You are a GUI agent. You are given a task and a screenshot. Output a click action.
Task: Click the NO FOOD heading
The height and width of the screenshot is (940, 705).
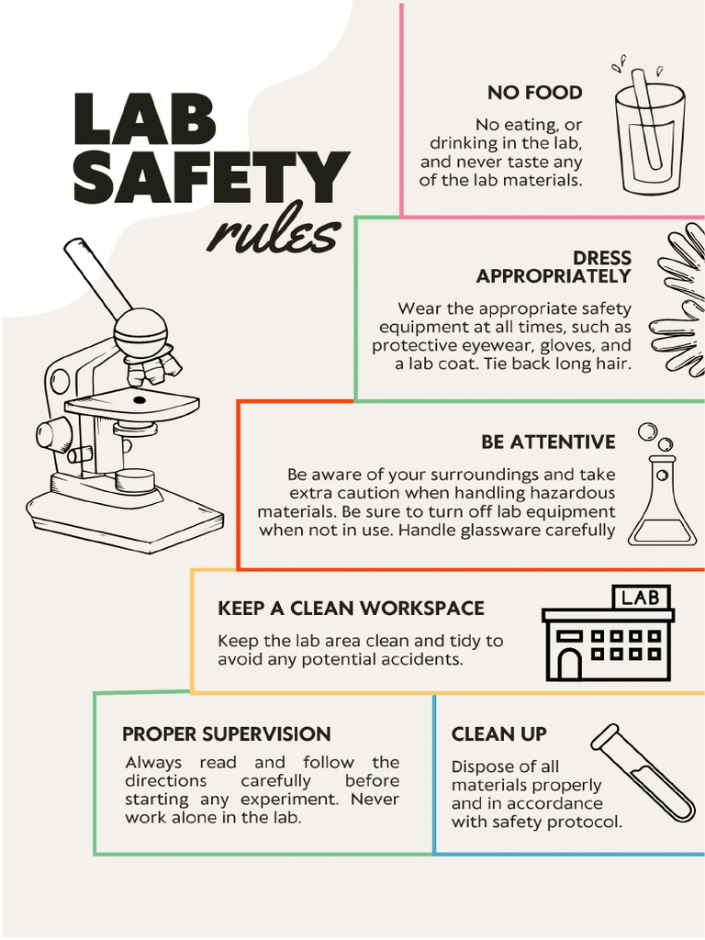click(x=534, y=93)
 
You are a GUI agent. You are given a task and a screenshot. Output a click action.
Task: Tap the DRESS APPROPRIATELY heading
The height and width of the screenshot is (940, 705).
click(x=554, y=267)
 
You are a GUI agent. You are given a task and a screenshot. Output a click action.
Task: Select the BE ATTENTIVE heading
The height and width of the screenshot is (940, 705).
click(x=548, y=442)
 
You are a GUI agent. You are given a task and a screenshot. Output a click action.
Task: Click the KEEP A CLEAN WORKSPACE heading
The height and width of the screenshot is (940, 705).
click(x=351, y=609)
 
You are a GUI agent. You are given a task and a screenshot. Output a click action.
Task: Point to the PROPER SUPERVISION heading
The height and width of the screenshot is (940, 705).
click(x=226, y=734)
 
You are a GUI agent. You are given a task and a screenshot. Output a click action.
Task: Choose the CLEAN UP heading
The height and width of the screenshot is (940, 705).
click(x=498, y=734)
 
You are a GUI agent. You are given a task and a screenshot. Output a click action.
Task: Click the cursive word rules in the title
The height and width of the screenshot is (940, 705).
click(x=274, y=234)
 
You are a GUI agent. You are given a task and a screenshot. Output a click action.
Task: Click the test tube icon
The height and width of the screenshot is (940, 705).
click(x=643, y=772)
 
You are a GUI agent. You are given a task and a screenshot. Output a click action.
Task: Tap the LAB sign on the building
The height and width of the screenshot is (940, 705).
click(x=640, y=599)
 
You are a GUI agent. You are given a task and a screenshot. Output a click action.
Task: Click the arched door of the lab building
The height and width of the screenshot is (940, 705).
click(x=570, y=663)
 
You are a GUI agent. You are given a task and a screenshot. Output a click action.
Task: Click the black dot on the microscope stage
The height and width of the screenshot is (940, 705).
click(x=139, y=400)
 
